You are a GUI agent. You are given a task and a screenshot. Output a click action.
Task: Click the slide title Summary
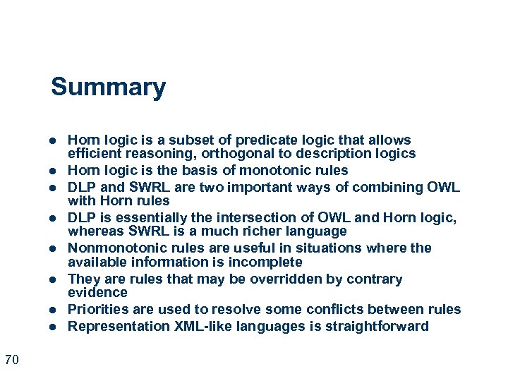coord(108,87)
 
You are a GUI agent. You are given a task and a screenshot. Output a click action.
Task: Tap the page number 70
coord(11,361)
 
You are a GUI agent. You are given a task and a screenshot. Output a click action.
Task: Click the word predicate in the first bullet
coord(261,140)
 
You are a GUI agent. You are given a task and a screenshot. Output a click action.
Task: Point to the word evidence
coord(97,292)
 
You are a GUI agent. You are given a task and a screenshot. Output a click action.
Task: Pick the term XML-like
coord(195,326)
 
